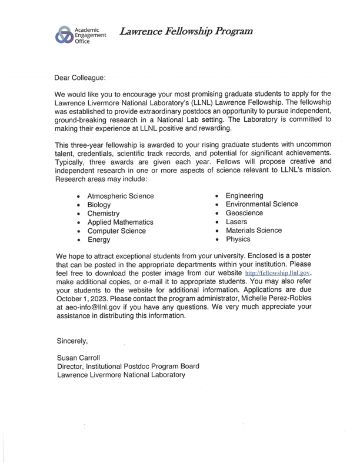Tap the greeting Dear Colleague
coord(81,77)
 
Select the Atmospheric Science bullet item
coord(120,196)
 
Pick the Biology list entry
coord(99,205)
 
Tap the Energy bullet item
coord(98,240)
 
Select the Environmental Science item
coord(262,204)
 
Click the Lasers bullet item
coord(236,222)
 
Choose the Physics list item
coord(238,239)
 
